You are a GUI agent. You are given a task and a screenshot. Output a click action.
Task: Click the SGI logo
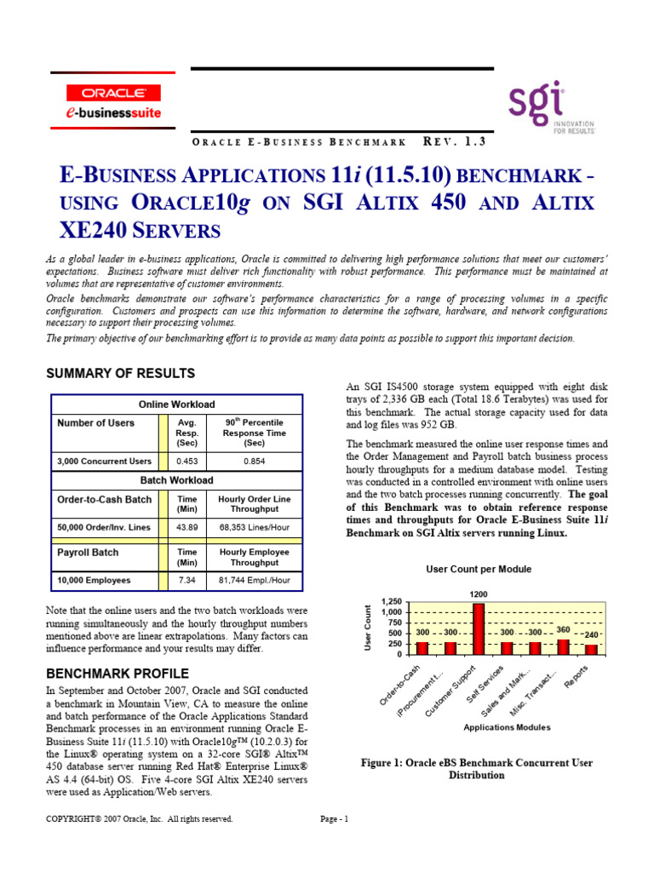pos(551,108)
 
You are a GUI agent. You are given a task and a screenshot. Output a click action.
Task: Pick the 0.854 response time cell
pos(254,462)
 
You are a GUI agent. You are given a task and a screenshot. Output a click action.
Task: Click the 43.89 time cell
pos(186,528)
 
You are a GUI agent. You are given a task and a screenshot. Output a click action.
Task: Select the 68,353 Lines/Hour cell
pos(254,528)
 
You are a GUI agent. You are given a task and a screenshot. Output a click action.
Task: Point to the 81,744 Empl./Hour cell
pos(254,580)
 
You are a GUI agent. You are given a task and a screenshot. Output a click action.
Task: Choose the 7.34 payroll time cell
pos(186,580)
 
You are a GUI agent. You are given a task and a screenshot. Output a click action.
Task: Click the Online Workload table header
pos(177,404)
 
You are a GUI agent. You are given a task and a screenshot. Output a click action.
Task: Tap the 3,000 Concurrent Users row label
pos(104,462)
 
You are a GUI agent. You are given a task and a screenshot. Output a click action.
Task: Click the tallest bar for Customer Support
pos(478,628)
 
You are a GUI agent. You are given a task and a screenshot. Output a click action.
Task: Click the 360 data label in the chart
pos(562,629)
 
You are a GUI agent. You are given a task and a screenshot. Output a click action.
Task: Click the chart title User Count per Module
pos(478,569)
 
